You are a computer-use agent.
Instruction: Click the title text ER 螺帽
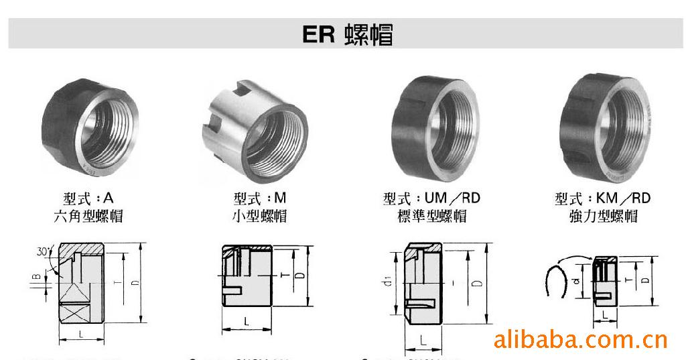[x=347, y=34]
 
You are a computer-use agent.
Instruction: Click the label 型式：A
[x=88, y=198]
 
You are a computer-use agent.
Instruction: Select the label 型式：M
[x=259, y=198]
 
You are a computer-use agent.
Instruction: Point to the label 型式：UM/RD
[x=431, y=198]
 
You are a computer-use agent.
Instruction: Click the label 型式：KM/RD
[x=602, y=198]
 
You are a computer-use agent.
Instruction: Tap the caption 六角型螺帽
[x=88, y=216]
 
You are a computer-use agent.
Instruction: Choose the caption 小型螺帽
[x=259, y=216]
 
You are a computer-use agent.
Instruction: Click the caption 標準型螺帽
[x=431, y=216]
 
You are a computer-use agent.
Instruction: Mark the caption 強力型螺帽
[x=602, y=216]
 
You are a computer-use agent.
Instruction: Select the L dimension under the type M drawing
[x=246, y=322]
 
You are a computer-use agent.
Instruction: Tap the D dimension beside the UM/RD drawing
[x=477, y=283]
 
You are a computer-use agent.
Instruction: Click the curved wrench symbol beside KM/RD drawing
[x=556, y=282]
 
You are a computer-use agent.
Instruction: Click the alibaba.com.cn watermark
[x=580, y=339]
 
